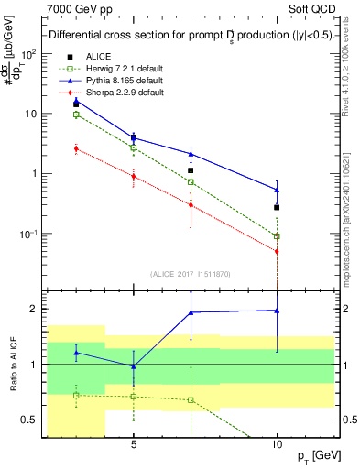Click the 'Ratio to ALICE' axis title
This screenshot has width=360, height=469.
[x=11, y=366]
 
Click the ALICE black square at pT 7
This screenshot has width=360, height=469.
[x=191, y=170]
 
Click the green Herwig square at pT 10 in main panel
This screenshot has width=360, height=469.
[x=277, y=236]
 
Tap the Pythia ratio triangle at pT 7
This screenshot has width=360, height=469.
[x=191, y=312]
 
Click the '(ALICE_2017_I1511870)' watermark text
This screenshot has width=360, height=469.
[x=191, y=274]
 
